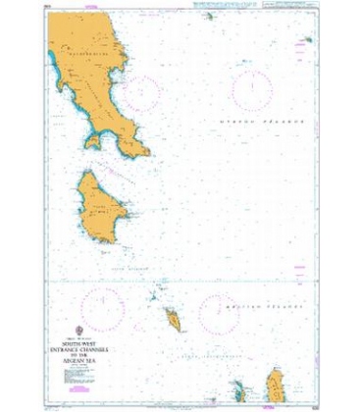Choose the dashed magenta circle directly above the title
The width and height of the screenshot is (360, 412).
pyautogui.click(x=96, y=310)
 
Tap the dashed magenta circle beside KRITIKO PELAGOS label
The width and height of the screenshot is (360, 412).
pyautogui.click(x=219, y=316)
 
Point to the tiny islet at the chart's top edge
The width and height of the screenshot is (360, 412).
pyautogui.click(x=208, y=16)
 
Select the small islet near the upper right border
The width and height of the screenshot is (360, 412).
pyautogui.click(x=307, y=40)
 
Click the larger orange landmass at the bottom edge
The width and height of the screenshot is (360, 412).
pyautogui.click(x=276, y=389)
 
